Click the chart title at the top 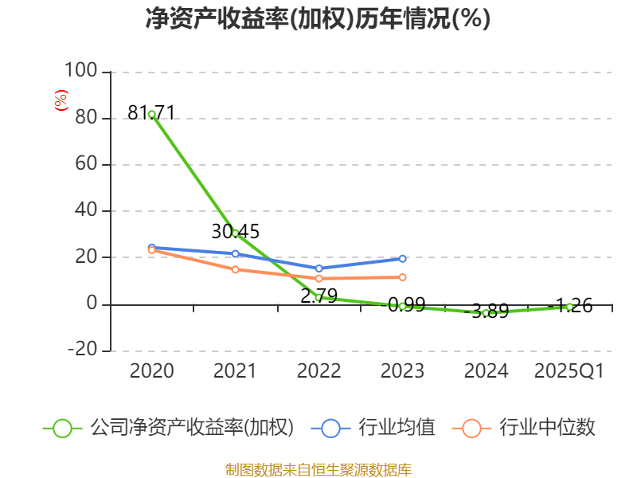(x=318, y=18)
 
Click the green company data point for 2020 (x=151, y=114)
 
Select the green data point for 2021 (x=235, y=233)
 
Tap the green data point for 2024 (x=486, y=313)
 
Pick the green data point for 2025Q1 (x=569, y=307)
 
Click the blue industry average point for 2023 (x=402, y=258)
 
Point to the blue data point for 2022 (x=318, y=268)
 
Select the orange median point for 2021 (x=235, y=269)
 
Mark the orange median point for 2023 (x=402, y=277)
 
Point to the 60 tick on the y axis (x=87, y=165)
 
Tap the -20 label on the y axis (x=82, y=350)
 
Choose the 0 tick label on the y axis (x=92, y=304)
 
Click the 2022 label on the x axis (x=318, y=370)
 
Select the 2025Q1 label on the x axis (x=569, y=370)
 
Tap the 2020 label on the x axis (x=151, y=370)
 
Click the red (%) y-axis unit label (x=61, y=100)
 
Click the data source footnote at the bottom (x=318, y=469)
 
